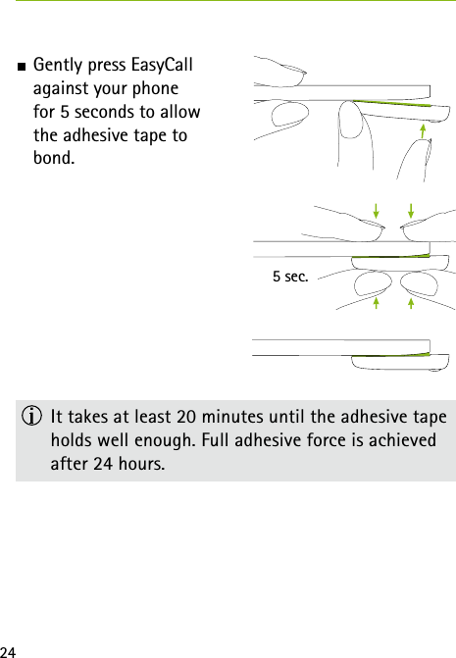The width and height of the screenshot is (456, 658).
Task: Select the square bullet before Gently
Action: tap(22, 67)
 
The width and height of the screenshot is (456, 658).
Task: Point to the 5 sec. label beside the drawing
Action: tap(290, 278)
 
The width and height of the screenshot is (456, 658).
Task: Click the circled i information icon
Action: tap(34, 417)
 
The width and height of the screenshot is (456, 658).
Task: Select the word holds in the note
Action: tap(74, 439)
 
